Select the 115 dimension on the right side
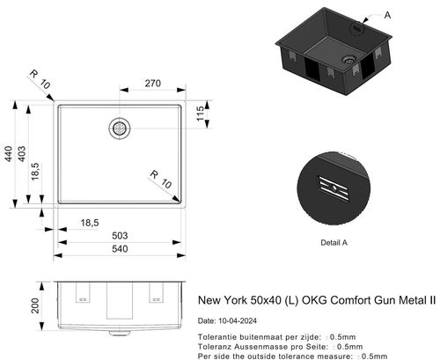pyautogui.click(x=200, y=114)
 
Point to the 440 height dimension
pyautogui.click(x=10, y=154)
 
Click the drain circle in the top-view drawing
pyautogui.click(x=119, y=128)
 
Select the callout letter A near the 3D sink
pyautogui.click(x=389, y=14)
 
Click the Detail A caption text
pyautogui.click(x=334, y=241)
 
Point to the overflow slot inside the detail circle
pyautogui.click(x=334, y=185)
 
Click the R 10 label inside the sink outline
pyautogui.click(x=158, y=179)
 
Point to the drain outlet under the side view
pyautogui.click(x=119, y=333)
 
